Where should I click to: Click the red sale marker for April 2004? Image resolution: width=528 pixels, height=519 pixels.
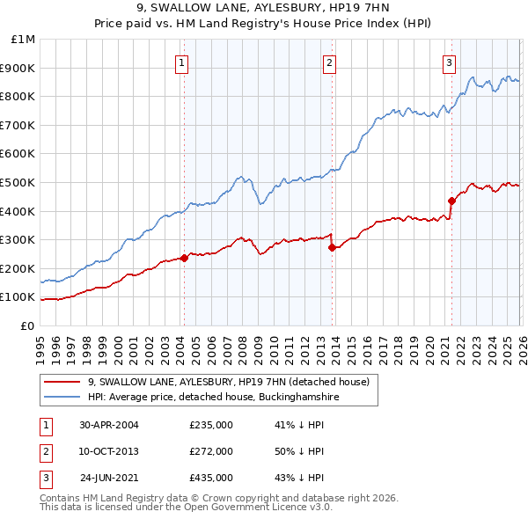pyautogui.click(x=185, y=258)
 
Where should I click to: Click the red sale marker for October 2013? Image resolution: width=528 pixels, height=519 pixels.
pyautogui.click(x=332, y=247)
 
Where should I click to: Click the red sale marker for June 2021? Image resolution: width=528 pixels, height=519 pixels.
pyautogui.click(x=451, y=201)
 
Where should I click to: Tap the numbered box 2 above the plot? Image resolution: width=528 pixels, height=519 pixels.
pyautogui.click(x=328, y=62)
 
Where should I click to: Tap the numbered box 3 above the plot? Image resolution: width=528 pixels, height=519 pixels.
pyautogui.click(x=449, y=62)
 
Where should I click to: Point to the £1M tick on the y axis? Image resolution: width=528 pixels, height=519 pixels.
pyautogui.click(x=24, y=39)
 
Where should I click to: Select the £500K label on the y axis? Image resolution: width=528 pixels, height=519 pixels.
pyautogui.click(x=20, y=182)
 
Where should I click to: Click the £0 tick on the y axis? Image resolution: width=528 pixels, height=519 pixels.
pyautogui.click(x=26, y=325)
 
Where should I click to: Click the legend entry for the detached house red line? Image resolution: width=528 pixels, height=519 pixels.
pyautogui.click(x=233, y=382)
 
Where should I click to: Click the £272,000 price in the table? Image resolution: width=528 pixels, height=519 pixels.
pyautogui.click(x=210, y=451)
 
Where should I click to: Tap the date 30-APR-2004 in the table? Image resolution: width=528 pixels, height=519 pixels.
pyautogui.click(x=108, y=425)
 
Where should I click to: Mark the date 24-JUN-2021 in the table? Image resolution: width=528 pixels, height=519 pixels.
pyautogui.click(x=109, y=478)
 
